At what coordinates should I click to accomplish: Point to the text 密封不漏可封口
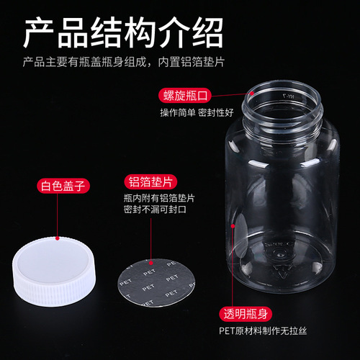154,209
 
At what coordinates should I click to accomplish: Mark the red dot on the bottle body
233,225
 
